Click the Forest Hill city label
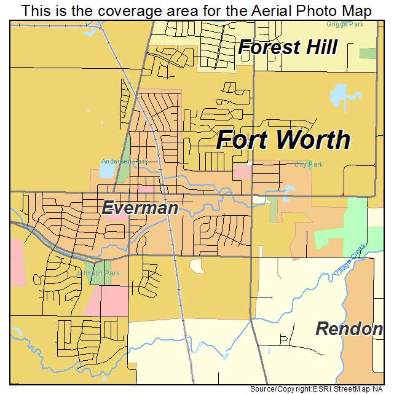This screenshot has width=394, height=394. (x=288, y=47)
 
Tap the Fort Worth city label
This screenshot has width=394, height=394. (x=283, y=140)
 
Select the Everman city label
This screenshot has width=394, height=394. (x=140, y=208)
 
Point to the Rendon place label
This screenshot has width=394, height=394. (x=349, y=329)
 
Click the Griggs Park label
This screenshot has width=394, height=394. (x=345, y=24)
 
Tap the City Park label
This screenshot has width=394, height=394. (x=309, y=164)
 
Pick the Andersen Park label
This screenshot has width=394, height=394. (x=125, y=162)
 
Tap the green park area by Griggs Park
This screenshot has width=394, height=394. (x=368, y=53)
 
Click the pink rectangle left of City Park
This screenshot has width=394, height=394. (x=243, y=171)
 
